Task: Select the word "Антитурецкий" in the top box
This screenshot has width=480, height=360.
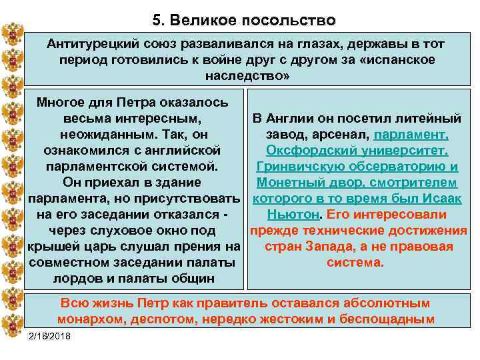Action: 92,43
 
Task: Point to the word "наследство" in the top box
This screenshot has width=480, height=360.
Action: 242,75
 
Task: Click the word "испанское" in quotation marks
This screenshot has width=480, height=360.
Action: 400,59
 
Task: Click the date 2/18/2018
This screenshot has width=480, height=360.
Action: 50,334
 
